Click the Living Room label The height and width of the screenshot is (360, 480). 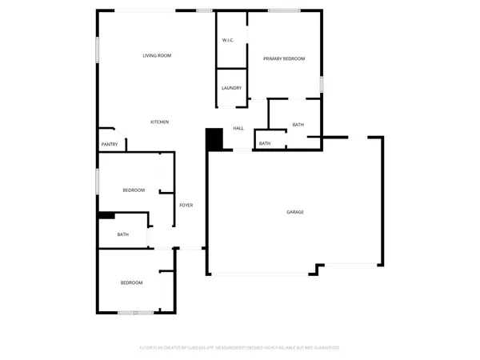(x=157, y=55)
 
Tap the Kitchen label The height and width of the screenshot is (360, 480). (x=160, y=122)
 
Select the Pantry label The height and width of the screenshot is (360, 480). (x=110, y=144)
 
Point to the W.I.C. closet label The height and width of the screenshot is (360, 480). (x=227, y=41)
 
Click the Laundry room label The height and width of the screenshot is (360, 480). (x=231, y=88)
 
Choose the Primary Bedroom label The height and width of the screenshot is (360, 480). (x=284, y=58)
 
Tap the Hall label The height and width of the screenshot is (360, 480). (x=238, y=128)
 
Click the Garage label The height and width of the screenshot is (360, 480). (x=295, y=212)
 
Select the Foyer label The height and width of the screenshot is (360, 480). (x=186, y=206)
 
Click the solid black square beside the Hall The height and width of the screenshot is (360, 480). (x=214, y=138)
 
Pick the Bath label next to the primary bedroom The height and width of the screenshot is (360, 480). (x=298, y=125)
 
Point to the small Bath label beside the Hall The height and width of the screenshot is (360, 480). (x=265, y=144)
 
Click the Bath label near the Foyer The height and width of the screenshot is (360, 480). (x=123, y=234)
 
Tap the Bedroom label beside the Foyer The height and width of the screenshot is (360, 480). (x=134, y=190)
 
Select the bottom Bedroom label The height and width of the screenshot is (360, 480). (x=131, y=282)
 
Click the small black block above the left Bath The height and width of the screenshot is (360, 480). (x=105, y=214)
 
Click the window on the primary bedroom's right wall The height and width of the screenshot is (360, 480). (x=322, y=84)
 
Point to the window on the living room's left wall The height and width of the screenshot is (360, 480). (x=98, y=50)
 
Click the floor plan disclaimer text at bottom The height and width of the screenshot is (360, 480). (x=239, y=348)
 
